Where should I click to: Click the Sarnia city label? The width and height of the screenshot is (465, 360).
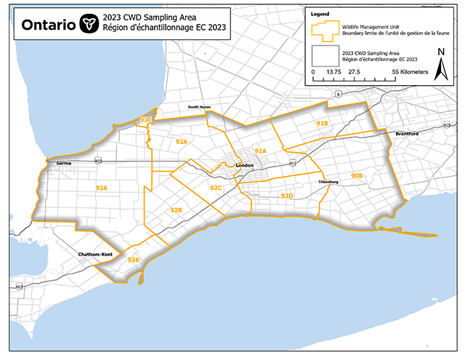coord(63,164)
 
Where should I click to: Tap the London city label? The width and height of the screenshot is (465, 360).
coord(245,166)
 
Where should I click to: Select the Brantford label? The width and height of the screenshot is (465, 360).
coord(408,134)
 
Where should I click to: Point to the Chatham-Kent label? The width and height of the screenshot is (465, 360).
coord(94,254)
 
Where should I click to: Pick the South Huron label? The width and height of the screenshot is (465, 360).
coord(199,107)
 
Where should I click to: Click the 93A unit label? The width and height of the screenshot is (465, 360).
coord(101,188)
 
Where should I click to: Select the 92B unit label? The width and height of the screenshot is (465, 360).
coord(176,209)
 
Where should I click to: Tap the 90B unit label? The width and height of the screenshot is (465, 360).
coord(357,176)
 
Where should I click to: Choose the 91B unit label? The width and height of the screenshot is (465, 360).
coord(323,124)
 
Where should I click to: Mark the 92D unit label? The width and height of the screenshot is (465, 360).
coord(287,196)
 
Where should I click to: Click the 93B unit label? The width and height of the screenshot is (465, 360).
coord(133,260)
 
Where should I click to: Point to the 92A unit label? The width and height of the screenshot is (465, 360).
coord(182,141)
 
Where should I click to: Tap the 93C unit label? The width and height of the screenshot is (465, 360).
coord(145,119)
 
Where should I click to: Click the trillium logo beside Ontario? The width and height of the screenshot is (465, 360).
coord(89,23)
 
